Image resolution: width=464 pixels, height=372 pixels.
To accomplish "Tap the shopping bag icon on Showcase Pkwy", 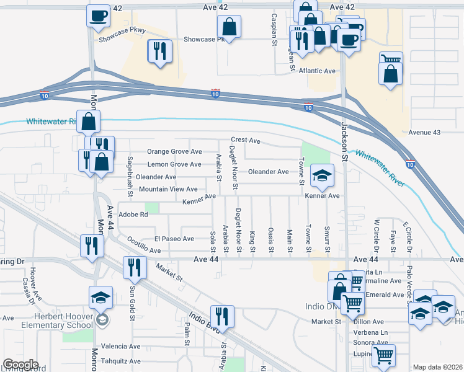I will point(229,27).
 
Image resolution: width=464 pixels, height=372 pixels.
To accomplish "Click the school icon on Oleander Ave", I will point(322,176).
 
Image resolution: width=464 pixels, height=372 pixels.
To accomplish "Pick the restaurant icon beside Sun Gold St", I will point(133,267).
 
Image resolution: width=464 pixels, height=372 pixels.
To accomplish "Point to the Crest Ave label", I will point(246,140).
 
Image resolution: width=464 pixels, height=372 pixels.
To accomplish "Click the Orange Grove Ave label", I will point(174,152).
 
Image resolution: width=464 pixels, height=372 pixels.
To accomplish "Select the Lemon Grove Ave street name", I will point(174,164).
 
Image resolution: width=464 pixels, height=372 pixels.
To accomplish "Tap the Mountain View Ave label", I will point(168,189).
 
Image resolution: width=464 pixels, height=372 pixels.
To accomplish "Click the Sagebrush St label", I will point(130,176).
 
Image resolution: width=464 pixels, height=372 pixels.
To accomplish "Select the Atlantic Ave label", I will point(317,71).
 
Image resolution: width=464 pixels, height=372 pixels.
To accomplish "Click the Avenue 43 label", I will point(424,133).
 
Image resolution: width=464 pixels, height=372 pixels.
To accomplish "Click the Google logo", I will point(20,365).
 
